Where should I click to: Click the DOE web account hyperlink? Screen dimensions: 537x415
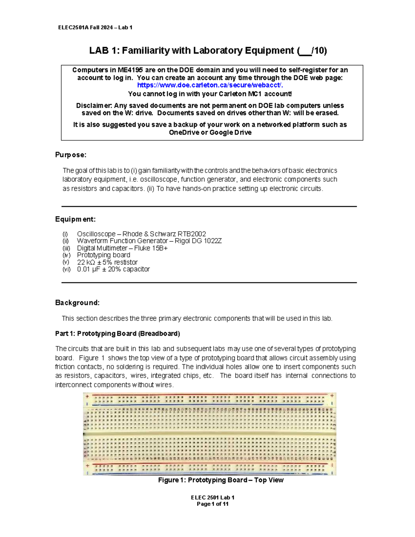pos(210,85)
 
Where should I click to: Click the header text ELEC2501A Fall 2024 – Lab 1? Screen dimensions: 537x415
pos(95,27)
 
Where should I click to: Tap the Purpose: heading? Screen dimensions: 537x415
pos(71,155)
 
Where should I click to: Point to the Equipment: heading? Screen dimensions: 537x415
pos(75,219)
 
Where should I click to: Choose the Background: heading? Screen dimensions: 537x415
pos(77,303)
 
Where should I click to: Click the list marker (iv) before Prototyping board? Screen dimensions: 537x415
pos(66,255)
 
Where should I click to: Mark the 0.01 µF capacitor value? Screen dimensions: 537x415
pos(88,269)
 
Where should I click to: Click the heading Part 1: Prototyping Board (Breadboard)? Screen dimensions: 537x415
pos(118,334)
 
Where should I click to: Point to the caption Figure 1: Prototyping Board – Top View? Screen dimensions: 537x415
pos(221,480)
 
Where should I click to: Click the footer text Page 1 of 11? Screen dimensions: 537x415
pos(212,504)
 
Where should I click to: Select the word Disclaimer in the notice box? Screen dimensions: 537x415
pos(94,106)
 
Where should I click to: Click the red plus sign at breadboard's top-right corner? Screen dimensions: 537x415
pos(332,396)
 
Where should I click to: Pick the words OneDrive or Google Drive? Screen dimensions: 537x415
pos(210,132)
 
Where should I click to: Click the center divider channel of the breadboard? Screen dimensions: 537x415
pos(210,434)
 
